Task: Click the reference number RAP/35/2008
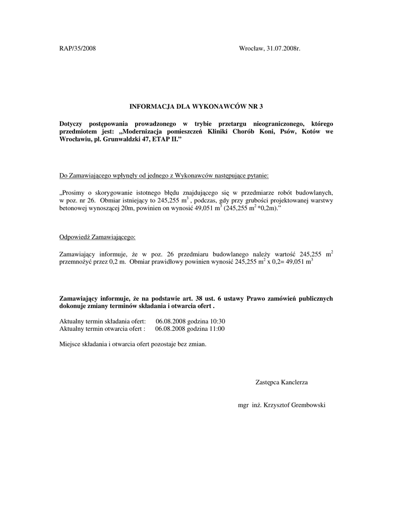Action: [78, 48]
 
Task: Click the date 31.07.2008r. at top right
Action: [284, 48]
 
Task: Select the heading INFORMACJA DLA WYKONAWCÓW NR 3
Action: [196, 106]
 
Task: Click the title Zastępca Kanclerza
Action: [281, 382]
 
